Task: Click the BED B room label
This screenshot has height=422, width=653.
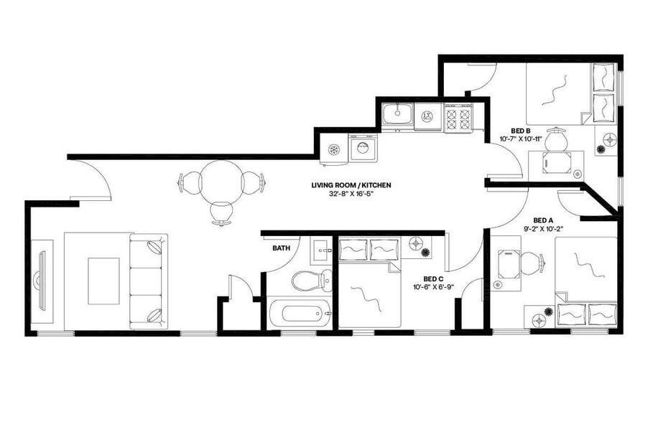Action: click(x=510, y=130)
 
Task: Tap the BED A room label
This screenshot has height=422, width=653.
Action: click(x=543, y=220)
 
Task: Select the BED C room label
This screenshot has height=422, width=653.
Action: click(x=432, y=278)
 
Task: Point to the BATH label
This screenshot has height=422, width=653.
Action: click(x=281, y=248)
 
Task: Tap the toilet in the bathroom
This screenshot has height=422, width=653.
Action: click(x=313, y=279)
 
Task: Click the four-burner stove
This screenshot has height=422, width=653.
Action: click(x=458, y=117)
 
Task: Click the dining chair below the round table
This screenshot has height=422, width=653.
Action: click(x=221, y=212)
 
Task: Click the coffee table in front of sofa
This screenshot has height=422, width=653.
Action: click(x=103, y=280)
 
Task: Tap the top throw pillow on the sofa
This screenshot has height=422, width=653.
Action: click(x=156, y=247)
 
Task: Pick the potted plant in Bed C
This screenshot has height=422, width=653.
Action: click(x=425, y=253)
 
